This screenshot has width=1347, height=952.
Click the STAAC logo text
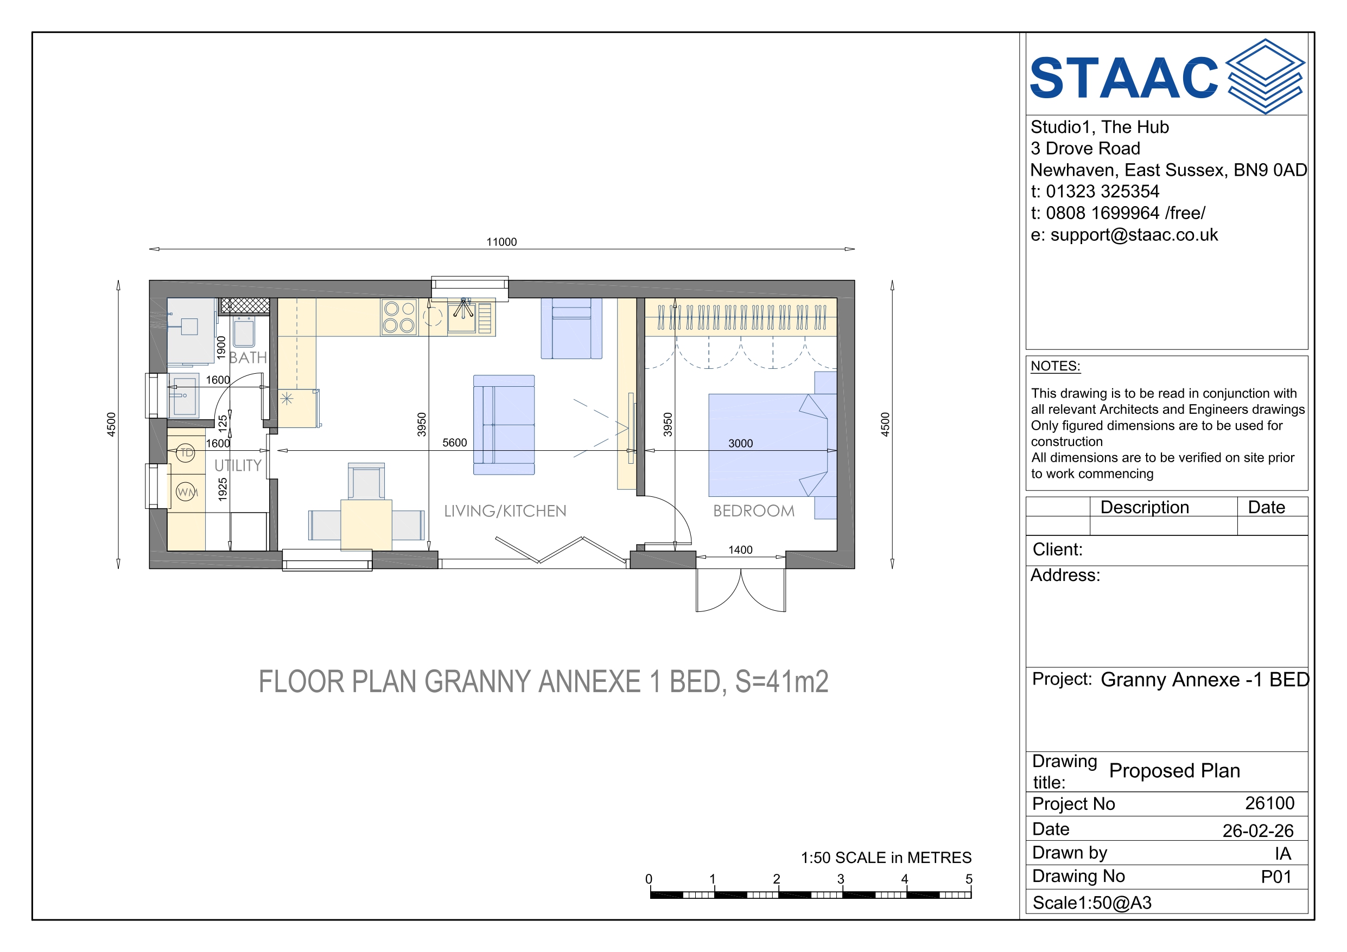click(1124, 78)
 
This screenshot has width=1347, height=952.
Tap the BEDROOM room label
click(754, 511)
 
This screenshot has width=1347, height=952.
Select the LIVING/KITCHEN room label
click(505, 511)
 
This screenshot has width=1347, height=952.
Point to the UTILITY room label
click(238, 466)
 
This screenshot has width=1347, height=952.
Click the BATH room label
click(247, 357)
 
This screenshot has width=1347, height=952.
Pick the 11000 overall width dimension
click(501, 242)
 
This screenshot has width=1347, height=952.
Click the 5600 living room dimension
click(455, 442)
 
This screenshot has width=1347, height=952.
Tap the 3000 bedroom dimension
click(740, 443)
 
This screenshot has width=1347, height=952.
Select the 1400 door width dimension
click(740, 550)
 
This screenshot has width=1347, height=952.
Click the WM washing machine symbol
click(187, 491)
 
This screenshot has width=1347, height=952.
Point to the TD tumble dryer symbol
click(186, 452)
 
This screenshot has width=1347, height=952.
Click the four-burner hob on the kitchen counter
click(399, 317)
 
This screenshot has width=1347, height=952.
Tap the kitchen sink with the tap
click(462, 317)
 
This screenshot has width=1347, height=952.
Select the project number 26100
click(1269, 803)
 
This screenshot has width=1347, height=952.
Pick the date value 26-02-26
click(1258, 830)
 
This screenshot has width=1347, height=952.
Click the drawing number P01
click(1276, 877)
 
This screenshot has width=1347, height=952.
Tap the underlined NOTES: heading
click(1056, 366)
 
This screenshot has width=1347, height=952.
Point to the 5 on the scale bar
click(969, 879)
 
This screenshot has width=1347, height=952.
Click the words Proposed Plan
click(1174, 770)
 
